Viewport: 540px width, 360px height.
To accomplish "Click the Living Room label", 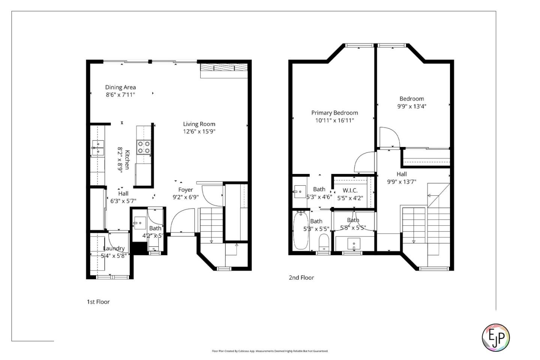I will pos(199,124).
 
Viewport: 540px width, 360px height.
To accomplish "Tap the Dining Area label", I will pos(120,87).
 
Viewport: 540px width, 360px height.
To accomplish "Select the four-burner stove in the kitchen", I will pos(144,147).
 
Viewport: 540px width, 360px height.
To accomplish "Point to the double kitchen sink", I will pos(98,148).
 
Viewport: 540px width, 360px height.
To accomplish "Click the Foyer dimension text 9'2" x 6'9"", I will pos(185,197).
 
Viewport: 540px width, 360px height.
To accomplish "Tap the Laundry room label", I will pos(114,248).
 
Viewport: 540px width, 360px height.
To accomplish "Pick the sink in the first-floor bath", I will pos(139,223).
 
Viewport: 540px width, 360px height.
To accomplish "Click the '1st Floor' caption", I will pos(98,302).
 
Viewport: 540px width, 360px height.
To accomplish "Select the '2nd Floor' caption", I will pos(301,278).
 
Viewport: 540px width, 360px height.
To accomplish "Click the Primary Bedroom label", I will pos(334,113).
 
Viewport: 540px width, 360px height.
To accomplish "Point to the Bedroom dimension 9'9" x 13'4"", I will pos(412,106).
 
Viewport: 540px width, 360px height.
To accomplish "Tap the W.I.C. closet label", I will pos(350,190).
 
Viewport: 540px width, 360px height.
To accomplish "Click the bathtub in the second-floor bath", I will pos(301,231).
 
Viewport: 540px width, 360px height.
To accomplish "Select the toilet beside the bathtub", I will pos(323,242).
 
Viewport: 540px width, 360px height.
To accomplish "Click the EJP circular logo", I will pos(495,337).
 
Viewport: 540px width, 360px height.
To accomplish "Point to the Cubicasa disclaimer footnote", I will pos(270,351).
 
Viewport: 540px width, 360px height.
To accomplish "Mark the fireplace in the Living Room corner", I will pos(224,68).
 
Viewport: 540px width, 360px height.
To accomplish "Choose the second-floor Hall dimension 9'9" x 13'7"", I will pos(402,182).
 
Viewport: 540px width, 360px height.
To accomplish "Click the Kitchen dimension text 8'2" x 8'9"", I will pos(120,160).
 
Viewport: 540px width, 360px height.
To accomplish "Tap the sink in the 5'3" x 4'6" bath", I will pos(299,192).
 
